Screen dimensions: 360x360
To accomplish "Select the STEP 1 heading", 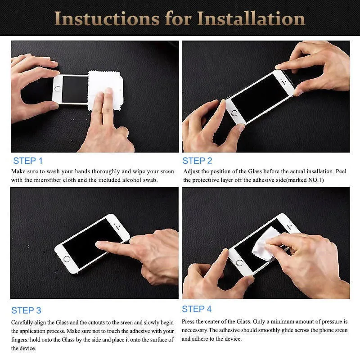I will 28,161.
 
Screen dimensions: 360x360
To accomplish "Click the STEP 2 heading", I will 197,161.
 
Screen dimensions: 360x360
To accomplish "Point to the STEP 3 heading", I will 26,310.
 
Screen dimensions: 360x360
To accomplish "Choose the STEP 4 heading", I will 197,309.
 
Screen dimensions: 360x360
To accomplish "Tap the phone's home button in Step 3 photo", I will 67,259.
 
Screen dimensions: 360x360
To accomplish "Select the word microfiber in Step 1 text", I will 48,180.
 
